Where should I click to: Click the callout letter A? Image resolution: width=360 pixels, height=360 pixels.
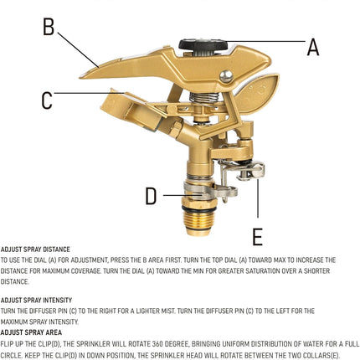(x=313, y=47)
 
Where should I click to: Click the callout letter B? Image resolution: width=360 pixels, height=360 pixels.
(x=49, y=26)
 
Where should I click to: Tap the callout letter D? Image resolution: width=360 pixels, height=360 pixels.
(x=151, y=196)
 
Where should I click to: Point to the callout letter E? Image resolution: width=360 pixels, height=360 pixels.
(x=257, y=237)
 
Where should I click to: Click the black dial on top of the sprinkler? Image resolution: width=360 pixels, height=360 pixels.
(x=203, y=47)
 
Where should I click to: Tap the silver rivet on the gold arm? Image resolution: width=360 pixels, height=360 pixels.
(x=226, y=76)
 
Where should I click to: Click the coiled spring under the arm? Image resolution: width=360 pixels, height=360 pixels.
(x=204, y=98)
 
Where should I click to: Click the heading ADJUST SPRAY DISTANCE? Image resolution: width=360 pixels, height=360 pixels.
(x=35, y=249)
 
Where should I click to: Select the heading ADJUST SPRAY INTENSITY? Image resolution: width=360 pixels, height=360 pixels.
(x=36, y=301)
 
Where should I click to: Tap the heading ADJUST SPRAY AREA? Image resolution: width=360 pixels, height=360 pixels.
(x=31, y=332)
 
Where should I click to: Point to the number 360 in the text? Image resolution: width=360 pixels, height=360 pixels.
(x=158, y=344)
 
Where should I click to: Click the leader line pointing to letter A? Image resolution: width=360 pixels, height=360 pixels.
(x=266, y=42)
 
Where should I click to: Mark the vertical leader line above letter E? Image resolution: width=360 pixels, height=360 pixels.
(x=258, y=198)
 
